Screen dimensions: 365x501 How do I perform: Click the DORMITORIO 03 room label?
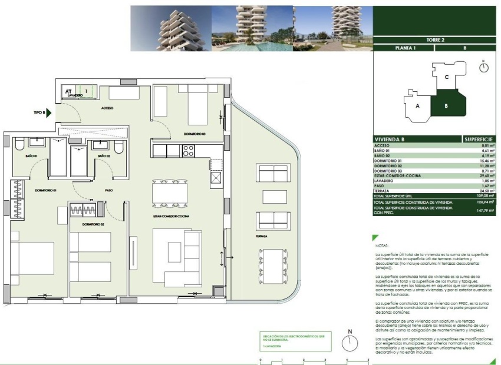pos(195,134)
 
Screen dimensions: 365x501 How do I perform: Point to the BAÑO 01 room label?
pos(31,156)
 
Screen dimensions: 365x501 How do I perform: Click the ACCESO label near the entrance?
pos(107,108)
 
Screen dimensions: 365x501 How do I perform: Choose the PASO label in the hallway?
pos(108,190)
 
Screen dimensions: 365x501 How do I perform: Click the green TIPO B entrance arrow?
pos(49,112)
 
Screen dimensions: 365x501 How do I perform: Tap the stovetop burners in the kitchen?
pos(188,151)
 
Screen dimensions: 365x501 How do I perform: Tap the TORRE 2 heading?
pos(434,39)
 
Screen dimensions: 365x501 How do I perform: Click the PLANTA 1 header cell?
pos(404,48)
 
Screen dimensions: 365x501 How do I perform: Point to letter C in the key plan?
pos(447,77)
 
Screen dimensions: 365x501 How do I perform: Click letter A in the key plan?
pos(417,106)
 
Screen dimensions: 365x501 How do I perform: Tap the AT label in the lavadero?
pos(69,91)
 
